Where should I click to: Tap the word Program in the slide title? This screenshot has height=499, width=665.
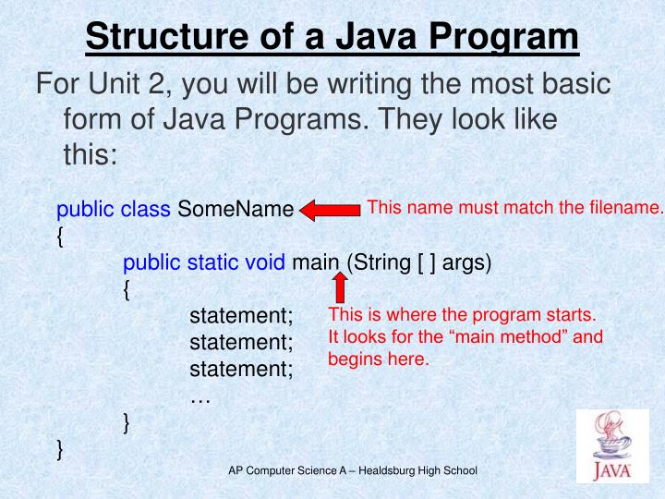coord(500,38)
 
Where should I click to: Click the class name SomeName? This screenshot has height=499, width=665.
coord(235,210)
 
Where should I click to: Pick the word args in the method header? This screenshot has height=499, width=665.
coord(467,263)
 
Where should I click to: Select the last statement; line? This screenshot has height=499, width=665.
coord(240,371)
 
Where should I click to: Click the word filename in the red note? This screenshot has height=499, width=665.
coord(630,208)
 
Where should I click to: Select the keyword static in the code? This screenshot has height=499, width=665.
coord(213,263)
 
